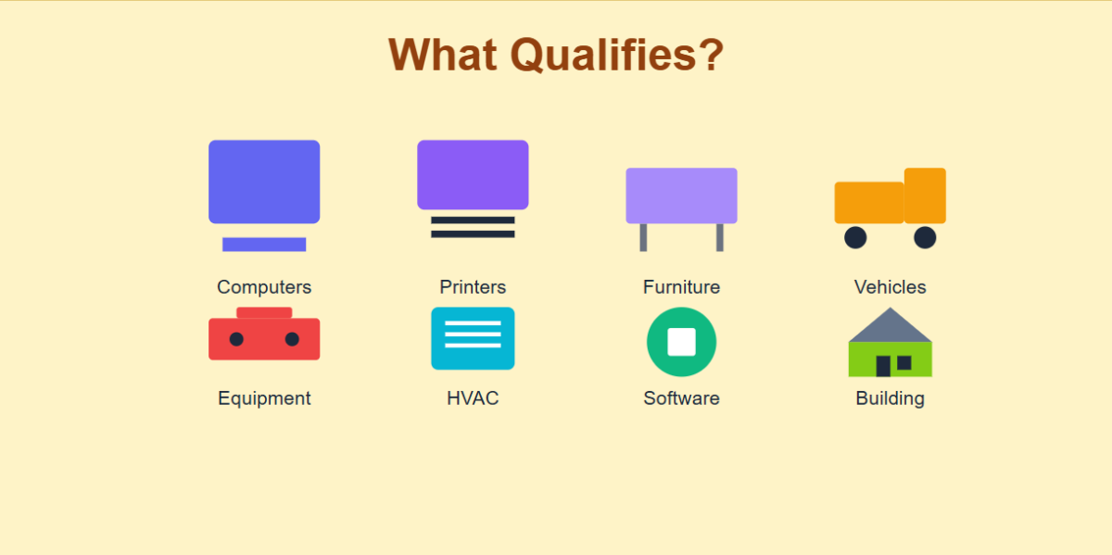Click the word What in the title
(444, 55)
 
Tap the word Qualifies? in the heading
(617, 55)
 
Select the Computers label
(264, 287)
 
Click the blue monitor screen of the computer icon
(264, 182)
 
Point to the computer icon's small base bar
(264, 245)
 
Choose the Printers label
(473, 287)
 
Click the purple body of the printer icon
(473, 174)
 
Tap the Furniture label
(681, 287)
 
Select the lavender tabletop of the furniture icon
(681, 196)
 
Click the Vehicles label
(890, 287)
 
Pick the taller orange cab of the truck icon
(925, 196)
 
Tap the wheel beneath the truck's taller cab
(925, 238)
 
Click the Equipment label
(264, 398)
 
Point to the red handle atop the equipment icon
(264, 312)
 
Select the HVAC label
(473, 398)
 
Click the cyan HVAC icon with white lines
(473, 338)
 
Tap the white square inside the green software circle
(681, 342)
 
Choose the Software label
(681, 398)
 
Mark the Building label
(890, 398)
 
